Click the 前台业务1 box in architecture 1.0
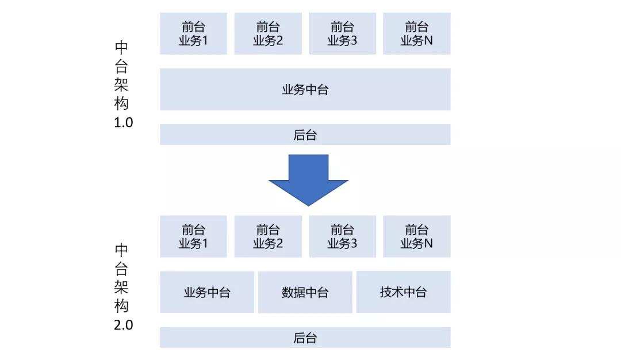pyautogui.click(x=193, y=34)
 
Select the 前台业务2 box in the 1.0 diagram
pyautogui.click(x=268, y=34)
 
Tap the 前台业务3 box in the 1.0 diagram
pyautogui.click(x=342, y=34)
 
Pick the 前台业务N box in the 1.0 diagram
pyautogui.click(x=417, y=34)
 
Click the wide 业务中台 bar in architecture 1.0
pyautogui.click(x=305, y=90)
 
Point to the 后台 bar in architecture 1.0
pyautogui.click(x=305, y=135)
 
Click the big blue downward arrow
pyautogui.click(x=309, y=180)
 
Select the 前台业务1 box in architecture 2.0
pyautogui.click(x=193, y=236)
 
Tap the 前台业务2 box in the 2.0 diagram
pyautogui.click(x=268, y=236)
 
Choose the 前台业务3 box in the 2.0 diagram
pyautogui.click(x=342, y=236)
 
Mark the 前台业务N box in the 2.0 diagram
pyautogui.click(x=417, y=236)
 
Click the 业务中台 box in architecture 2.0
pyautogui.click(x=207, y=292)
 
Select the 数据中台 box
pyautogui.click(x=305, y=292)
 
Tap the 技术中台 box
pyautogui.click(x=403, y=292)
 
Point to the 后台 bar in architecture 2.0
pyautogui.click(x=305, y=338)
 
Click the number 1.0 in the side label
pyautogui.click(x=124, y=122)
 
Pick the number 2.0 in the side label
pyautogui.click(x=124, y=325)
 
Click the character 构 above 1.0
pyautogui.click(x=121, y=104)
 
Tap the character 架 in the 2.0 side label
pyautogui.click(x=121, y=287)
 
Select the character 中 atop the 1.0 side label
pyautogui.click(x=121, y=48)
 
